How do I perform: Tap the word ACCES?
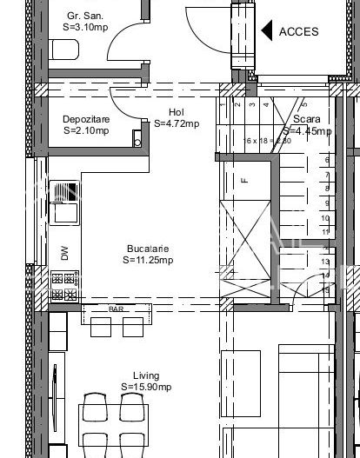[x=298, y=31]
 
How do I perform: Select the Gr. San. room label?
[x=85, y=16]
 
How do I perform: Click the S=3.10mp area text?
[x=85, y=27]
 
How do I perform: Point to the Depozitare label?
[x=86, y=120]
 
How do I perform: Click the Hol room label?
[x=176, y=112]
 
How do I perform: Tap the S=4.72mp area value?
[x=176, y=123]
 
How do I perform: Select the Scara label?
[x=307, y=119]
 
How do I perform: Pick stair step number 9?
[x=325, y=202]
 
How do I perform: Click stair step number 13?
[x=325, y=261]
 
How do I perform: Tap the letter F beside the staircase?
[x=244, y=181]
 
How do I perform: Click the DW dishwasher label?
[x=64, y=253]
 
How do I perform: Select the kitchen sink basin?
[x=63, y=211]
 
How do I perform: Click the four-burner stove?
[x=63, y=279]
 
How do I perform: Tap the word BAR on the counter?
[x=116, y=309]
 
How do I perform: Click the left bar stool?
[x=101, y=327]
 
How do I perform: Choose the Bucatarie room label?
[x=147, y=248]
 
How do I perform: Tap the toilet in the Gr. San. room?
[x=65, y=51]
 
